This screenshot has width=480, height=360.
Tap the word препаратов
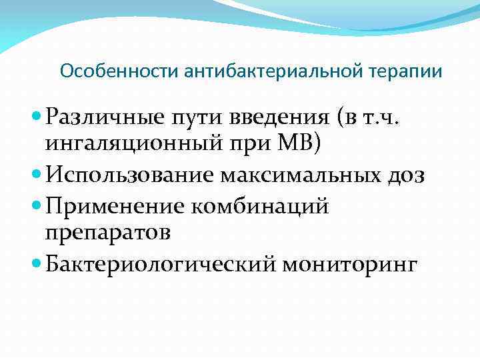pos(107,232)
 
